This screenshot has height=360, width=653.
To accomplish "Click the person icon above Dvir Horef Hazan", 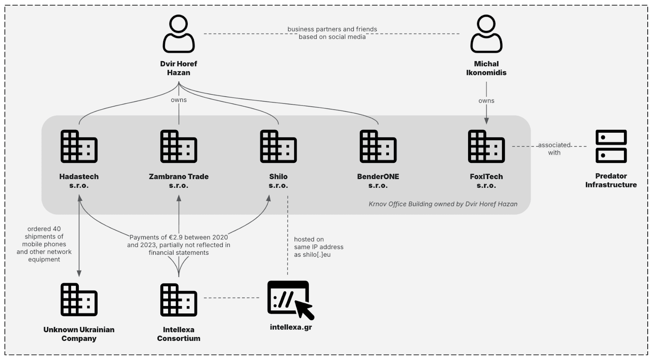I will [179, 34].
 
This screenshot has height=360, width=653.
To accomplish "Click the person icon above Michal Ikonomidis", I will [486, 34].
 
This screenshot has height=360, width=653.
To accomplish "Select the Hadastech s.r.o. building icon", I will [79, 147].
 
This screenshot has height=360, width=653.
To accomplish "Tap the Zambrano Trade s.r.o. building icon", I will [179, 147].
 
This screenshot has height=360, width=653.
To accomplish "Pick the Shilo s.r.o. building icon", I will [278, 147].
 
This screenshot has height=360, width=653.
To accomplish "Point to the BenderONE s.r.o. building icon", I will [378, 147].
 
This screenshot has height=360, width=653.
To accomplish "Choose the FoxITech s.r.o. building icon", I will [486, 147].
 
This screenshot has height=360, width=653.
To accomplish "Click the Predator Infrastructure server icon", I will [611, 147].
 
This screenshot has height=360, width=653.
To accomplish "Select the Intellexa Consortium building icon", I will [179, 300].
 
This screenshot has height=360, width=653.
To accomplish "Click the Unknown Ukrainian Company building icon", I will [79, 300].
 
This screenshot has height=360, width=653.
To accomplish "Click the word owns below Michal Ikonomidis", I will [486, 101].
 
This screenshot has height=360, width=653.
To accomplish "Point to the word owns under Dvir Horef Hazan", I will [179, 100].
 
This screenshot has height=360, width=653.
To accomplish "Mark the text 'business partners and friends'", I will [332, 29].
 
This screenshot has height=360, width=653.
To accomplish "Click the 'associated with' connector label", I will [554, 149].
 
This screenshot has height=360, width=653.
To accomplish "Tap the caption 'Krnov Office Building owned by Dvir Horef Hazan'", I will [443, 204].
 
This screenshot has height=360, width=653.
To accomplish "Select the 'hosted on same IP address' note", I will [318, 247].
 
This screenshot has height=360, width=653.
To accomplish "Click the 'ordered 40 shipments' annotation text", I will [44, 244].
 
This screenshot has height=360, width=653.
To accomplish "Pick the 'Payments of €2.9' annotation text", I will [179, 245].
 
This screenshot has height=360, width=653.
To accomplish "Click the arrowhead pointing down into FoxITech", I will [486, 121].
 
